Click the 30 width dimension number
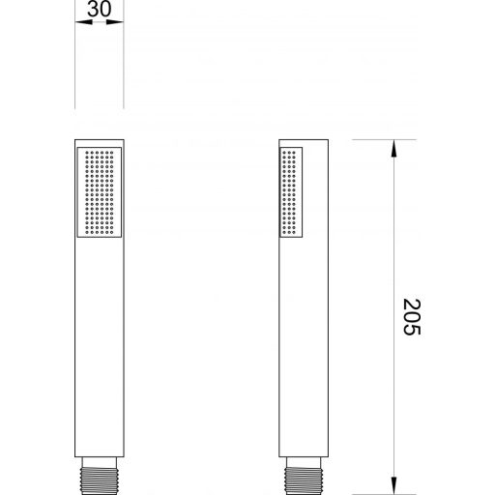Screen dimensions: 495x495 tap(100, 9)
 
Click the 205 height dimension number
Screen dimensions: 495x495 tap(412, 317)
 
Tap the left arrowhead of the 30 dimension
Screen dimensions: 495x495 tap(83, 22)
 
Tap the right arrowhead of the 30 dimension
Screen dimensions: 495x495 tap(115, 22)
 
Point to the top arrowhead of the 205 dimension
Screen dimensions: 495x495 tap(393, 148)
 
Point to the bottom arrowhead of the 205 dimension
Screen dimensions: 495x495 tap(393, 485)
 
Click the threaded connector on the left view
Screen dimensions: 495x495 tap(100, 480)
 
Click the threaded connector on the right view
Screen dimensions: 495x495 tap(304, 480)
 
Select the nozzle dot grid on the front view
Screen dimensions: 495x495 tap(100, 192)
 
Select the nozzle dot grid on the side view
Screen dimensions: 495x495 tap(288, 192)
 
